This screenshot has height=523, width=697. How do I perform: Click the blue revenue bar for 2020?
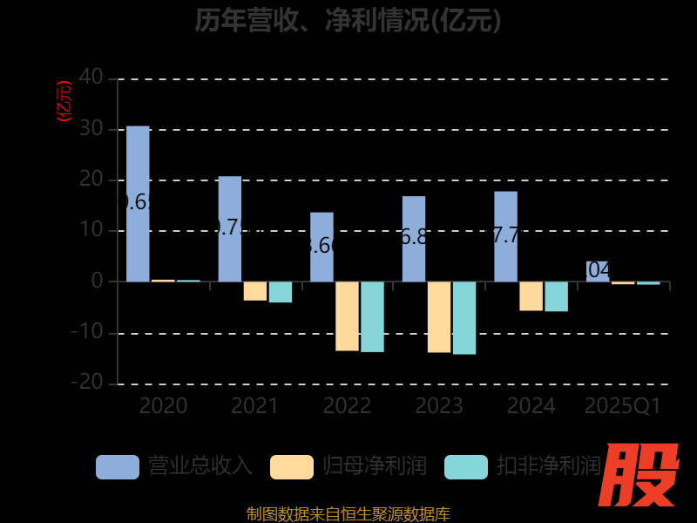(x=138, y=204)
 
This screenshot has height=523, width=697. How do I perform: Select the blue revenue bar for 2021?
(x=230, y=229)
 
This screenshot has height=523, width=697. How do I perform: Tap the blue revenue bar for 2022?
(x=321, y=247)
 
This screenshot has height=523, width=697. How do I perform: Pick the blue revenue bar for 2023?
(x=414, y=239)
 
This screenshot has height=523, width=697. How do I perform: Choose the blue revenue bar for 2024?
(x=505, y=236)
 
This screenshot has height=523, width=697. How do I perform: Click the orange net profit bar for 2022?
(x=347, y=316)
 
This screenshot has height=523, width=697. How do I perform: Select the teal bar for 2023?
(x=464, y=317)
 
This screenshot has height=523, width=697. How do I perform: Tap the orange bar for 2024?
(x=531, y=295)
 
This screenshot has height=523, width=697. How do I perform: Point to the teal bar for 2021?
(x=281, y=291)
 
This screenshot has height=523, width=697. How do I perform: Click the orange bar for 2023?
(x=439, y=316)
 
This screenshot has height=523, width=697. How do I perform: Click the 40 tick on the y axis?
(x=91, y=78)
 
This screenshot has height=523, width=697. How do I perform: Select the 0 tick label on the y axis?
(x=97, y=282)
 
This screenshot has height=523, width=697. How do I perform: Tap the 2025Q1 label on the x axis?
(x=623, y=406)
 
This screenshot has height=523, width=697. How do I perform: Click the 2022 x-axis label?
(x=347, y=406)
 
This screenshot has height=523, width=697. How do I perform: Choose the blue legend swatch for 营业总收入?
(x=118, y=466)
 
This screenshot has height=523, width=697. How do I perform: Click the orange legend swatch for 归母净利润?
(x=292, y=466)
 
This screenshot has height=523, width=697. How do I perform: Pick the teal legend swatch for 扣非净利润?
(x=466, y=466)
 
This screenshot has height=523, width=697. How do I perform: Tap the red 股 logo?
(x=642, y=475)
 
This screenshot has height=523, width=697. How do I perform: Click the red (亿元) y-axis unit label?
(x=64, y=101)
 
